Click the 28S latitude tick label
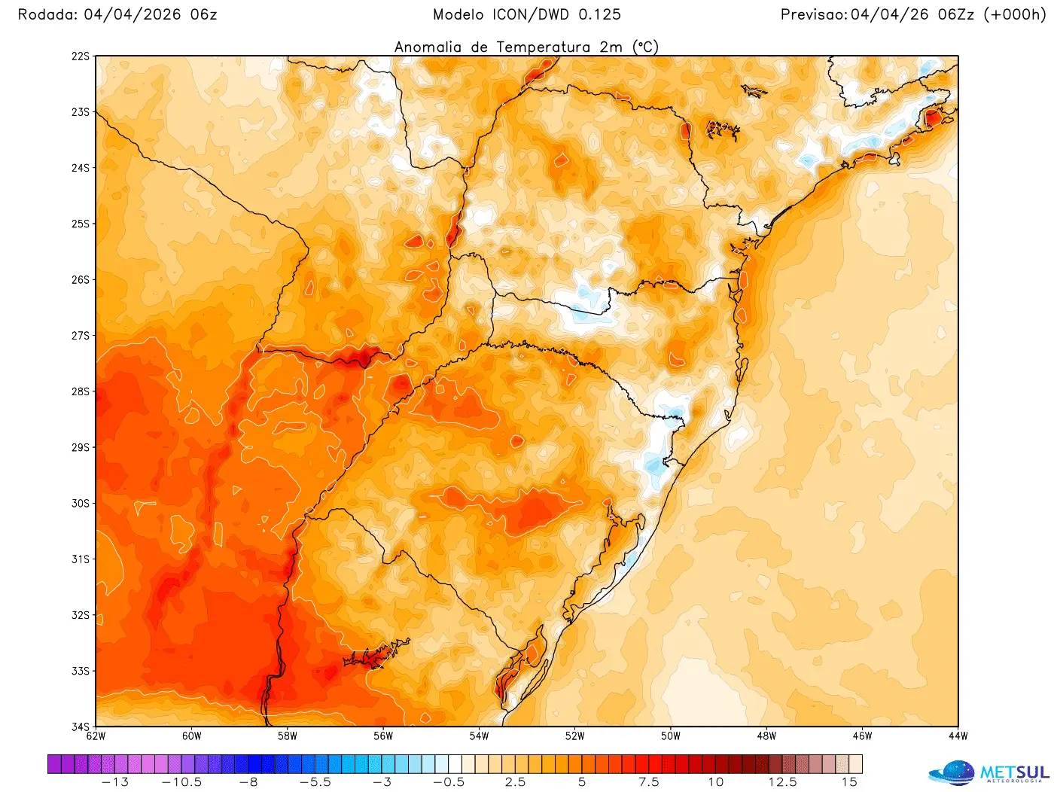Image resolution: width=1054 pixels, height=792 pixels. [81, 391]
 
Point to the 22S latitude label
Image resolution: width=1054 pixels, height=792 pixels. [81, 56]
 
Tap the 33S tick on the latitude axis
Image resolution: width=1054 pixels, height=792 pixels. [81, 671]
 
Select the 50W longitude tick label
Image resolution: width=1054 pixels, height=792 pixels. [671, 736]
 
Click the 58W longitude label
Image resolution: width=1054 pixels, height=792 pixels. [287, 736]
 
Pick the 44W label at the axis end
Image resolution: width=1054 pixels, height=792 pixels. [958, 736]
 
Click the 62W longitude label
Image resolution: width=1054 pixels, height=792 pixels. [96, 736]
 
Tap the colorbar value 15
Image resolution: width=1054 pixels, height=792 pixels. [849, 782]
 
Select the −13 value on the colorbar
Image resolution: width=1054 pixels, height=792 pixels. [114, 782]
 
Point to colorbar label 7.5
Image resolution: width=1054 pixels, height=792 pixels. [649, 782]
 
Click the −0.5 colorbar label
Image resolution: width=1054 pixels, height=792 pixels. [449, 782]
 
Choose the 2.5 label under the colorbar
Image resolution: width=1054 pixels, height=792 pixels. [516, 782]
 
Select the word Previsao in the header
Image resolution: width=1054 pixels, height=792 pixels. [813, 14]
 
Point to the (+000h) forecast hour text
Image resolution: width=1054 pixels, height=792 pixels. [1015, 14]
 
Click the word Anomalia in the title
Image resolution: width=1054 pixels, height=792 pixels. [428, 47]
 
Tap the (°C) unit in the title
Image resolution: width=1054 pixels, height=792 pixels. [645, 47]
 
